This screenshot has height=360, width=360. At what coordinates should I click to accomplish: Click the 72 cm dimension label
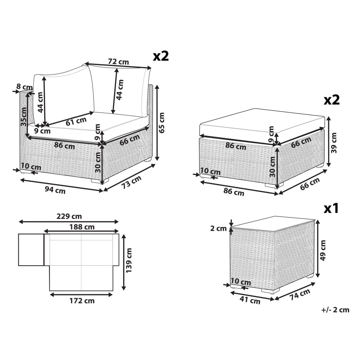click(x=118, y=62)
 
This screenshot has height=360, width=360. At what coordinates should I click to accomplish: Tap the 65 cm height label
click(x=162, y=123)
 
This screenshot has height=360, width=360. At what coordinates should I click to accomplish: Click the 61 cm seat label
click(x=76, y=121)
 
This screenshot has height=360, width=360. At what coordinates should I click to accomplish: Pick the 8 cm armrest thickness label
click(x=24, y=87)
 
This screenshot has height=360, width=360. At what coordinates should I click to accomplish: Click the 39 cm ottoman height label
click(x=334, y=143)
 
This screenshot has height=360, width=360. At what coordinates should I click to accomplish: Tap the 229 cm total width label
click(x=69, y=216)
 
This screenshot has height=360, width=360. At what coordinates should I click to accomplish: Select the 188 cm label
click(x=82, y=227)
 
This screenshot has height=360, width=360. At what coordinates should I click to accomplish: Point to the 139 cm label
click(x=129, y=260)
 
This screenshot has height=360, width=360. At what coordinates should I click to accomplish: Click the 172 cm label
click(x=82, y=301)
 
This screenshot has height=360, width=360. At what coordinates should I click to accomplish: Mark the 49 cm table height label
click(x=323, y=250)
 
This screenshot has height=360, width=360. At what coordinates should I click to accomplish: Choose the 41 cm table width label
click(x=250, y=300)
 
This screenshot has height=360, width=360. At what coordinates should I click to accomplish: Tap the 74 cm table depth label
click(x=300, y=294)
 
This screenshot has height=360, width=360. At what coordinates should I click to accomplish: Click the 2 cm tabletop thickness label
click(x=219, y=229)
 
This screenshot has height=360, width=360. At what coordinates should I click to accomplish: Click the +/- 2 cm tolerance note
click(x=335, y=310)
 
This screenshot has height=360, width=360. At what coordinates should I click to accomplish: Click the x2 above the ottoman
click(x=332, y=100)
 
